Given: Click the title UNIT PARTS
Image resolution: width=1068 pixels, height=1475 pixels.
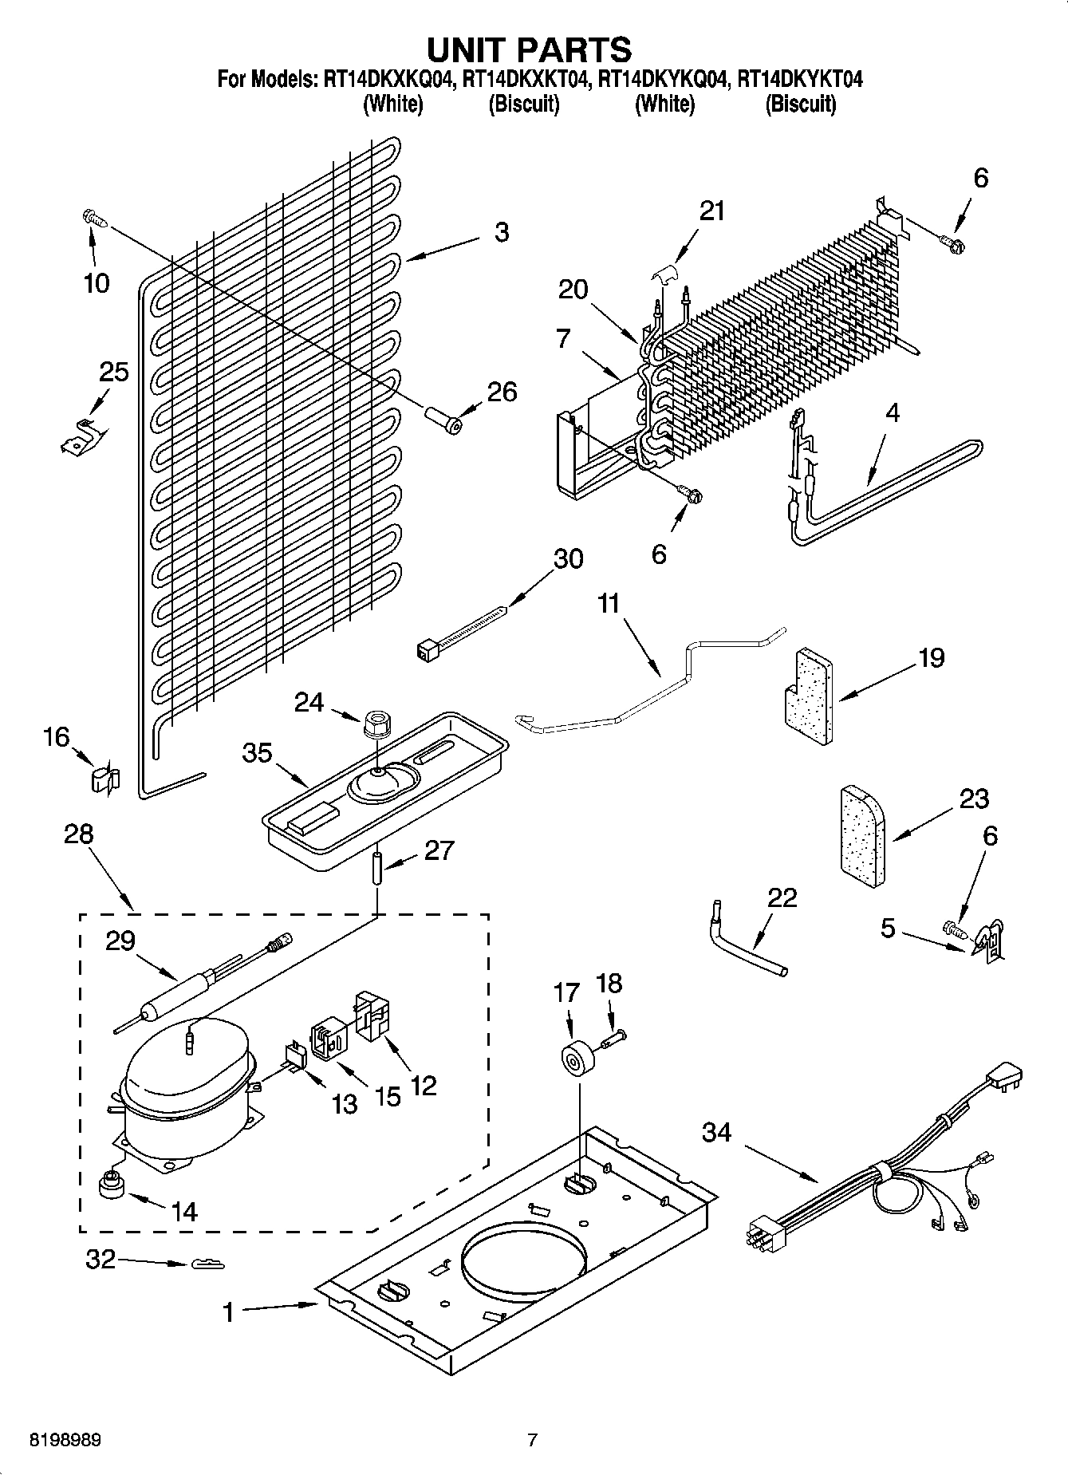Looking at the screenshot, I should tap(529, 49).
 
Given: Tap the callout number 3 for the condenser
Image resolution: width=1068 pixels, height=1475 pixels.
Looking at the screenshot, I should tap(501, 232).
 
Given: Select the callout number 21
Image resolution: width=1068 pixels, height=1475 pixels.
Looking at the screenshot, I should tap(712, 211).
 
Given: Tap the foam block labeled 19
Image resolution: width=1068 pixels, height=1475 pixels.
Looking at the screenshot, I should tap(806, 695).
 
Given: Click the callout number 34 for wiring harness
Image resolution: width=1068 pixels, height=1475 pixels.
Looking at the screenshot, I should tap(716, 1131).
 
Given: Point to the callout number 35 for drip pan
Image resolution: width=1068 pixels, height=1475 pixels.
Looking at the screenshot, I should tap(257, 753).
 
